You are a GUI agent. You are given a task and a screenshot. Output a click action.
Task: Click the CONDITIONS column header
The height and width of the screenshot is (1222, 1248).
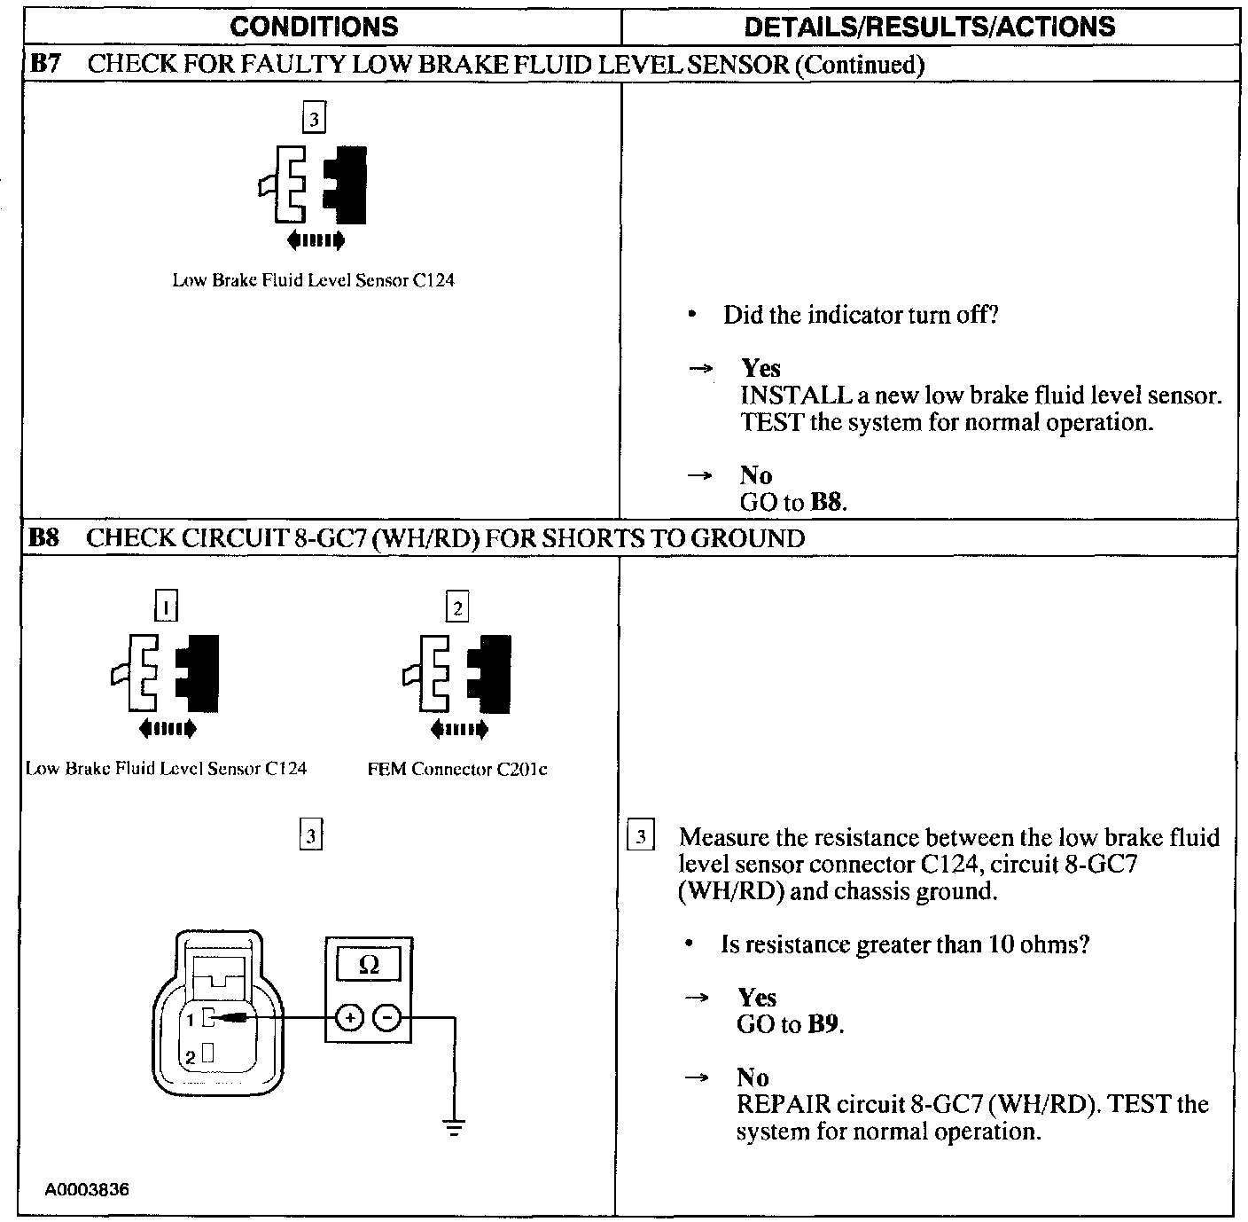314,27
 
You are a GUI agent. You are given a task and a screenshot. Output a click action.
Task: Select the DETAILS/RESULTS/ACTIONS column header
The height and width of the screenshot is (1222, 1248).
930,27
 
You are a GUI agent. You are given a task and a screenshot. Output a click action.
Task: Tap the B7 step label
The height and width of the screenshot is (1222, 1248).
44,64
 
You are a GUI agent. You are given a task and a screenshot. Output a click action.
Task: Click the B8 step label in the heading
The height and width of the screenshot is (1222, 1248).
44,538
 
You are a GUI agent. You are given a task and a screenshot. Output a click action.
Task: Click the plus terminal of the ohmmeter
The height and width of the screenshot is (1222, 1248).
351,1018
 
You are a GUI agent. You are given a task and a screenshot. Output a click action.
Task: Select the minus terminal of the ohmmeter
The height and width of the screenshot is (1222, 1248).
387,1018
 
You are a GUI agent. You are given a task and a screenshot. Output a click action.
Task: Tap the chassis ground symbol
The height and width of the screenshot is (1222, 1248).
455,1128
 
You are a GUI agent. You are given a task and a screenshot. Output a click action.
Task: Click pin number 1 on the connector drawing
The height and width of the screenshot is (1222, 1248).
190,1021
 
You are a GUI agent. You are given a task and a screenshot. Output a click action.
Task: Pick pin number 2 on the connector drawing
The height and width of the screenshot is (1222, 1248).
190,1057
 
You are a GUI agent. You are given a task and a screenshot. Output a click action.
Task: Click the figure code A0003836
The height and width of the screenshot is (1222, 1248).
88,1189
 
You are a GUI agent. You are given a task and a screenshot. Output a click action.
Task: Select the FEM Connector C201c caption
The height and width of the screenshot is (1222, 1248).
457,770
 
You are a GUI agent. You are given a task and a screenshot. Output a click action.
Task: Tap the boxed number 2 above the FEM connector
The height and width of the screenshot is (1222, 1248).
457,608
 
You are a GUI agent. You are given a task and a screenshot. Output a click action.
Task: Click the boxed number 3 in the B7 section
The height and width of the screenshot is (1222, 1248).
314,117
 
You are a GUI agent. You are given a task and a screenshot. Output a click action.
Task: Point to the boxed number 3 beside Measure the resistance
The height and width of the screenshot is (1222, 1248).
641,837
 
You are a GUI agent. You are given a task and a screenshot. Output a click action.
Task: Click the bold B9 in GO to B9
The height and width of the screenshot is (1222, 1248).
823,1024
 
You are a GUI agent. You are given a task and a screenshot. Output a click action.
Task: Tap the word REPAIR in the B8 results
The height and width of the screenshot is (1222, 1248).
784,1105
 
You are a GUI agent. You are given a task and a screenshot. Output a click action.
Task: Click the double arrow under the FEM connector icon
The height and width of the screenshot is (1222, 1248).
458,730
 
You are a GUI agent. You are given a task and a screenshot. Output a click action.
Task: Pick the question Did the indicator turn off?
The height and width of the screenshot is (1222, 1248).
861,315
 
